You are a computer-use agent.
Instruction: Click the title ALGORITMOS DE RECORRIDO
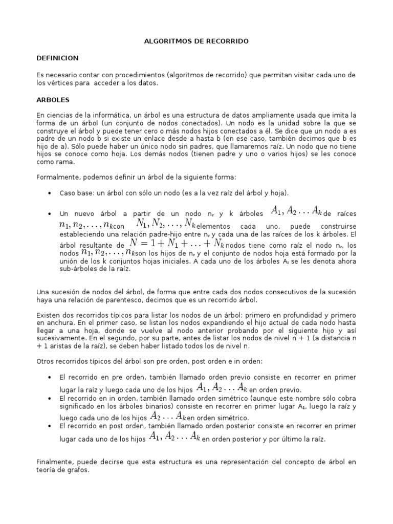(x=196, y=41)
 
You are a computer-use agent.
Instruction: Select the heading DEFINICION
(x=57, y=58)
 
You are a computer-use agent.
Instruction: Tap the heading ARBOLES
(x=53, y=100)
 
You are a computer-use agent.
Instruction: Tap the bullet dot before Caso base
(x=49, y=193)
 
